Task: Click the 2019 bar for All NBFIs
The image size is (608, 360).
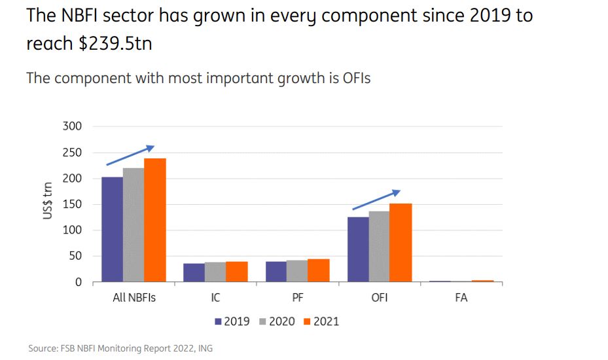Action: tap(112, 230)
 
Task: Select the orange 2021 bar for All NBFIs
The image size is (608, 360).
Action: tap(155, 221)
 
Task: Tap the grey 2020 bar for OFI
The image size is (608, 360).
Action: tap(379, 247)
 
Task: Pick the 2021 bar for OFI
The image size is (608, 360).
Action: tap(401, 243)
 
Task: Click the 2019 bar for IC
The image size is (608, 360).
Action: tap(194, 273)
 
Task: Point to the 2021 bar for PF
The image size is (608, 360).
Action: tap(319, 271)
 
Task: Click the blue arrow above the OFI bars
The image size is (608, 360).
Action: tap(376, 200)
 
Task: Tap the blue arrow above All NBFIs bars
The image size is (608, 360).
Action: tap(130, 156)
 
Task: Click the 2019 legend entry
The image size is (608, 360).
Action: tap(232, 321)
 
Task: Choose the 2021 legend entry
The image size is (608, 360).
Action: tap(321, 321)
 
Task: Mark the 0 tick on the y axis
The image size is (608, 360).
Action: tap(78, 282)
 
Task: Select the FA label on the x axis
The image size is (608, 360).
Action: tap(461, 298)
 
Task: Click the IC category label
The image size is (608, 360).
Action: tap(215, 298)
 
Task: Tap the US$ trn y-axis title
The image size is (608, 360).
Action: tap(48, 200)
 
